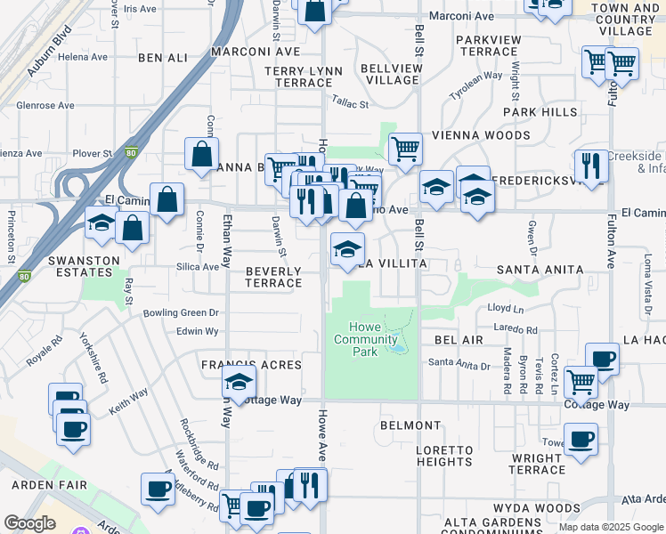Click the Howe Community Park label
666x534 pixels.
(366, 339)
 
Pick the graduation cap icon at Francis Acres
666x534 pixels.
(239, 382)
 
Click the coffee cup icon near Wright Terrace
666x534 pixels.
(581, 438)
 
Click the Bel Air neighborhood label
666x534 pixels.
(459, 341)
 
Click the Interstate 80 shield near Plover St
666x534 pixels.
(132, 153)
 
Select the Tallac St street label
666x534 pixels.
(350, 104)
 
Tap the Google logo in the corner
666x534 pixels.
(29, 522)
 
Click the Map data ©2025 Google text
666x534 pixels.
(611, 527)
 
